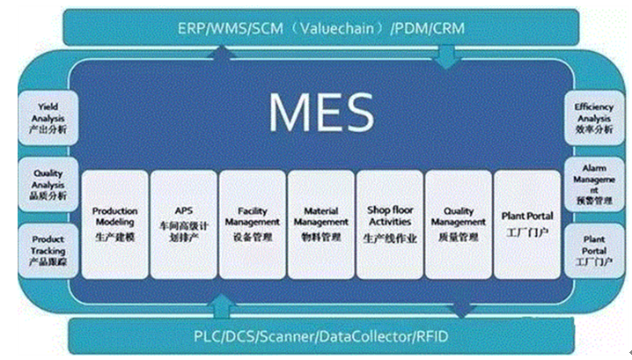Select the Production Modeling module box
point(114,224)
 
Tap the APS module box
point(183,224)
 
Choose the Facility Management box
point(252,224)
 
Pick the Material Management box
point(320,224)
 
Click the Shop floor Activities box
point(389,224)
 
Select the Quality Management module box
point(458,224)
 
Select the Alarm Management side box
point(594,183)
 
